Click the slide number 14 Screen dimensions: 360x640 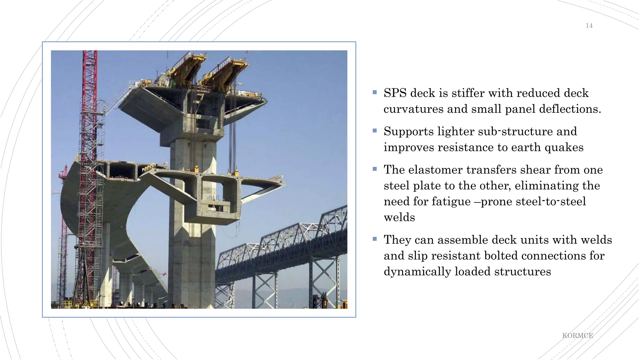click(x=589, y=26)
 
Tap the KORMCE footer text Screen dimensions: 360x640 click(x=577, y=336)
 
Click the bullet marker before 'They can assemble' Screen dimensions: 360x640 click(x=375, y=239)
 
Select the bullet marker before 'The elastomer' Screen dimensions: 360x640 click(x=375, y=169)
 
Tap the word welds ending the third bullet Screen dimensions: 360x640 click(x=399, y=217)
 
